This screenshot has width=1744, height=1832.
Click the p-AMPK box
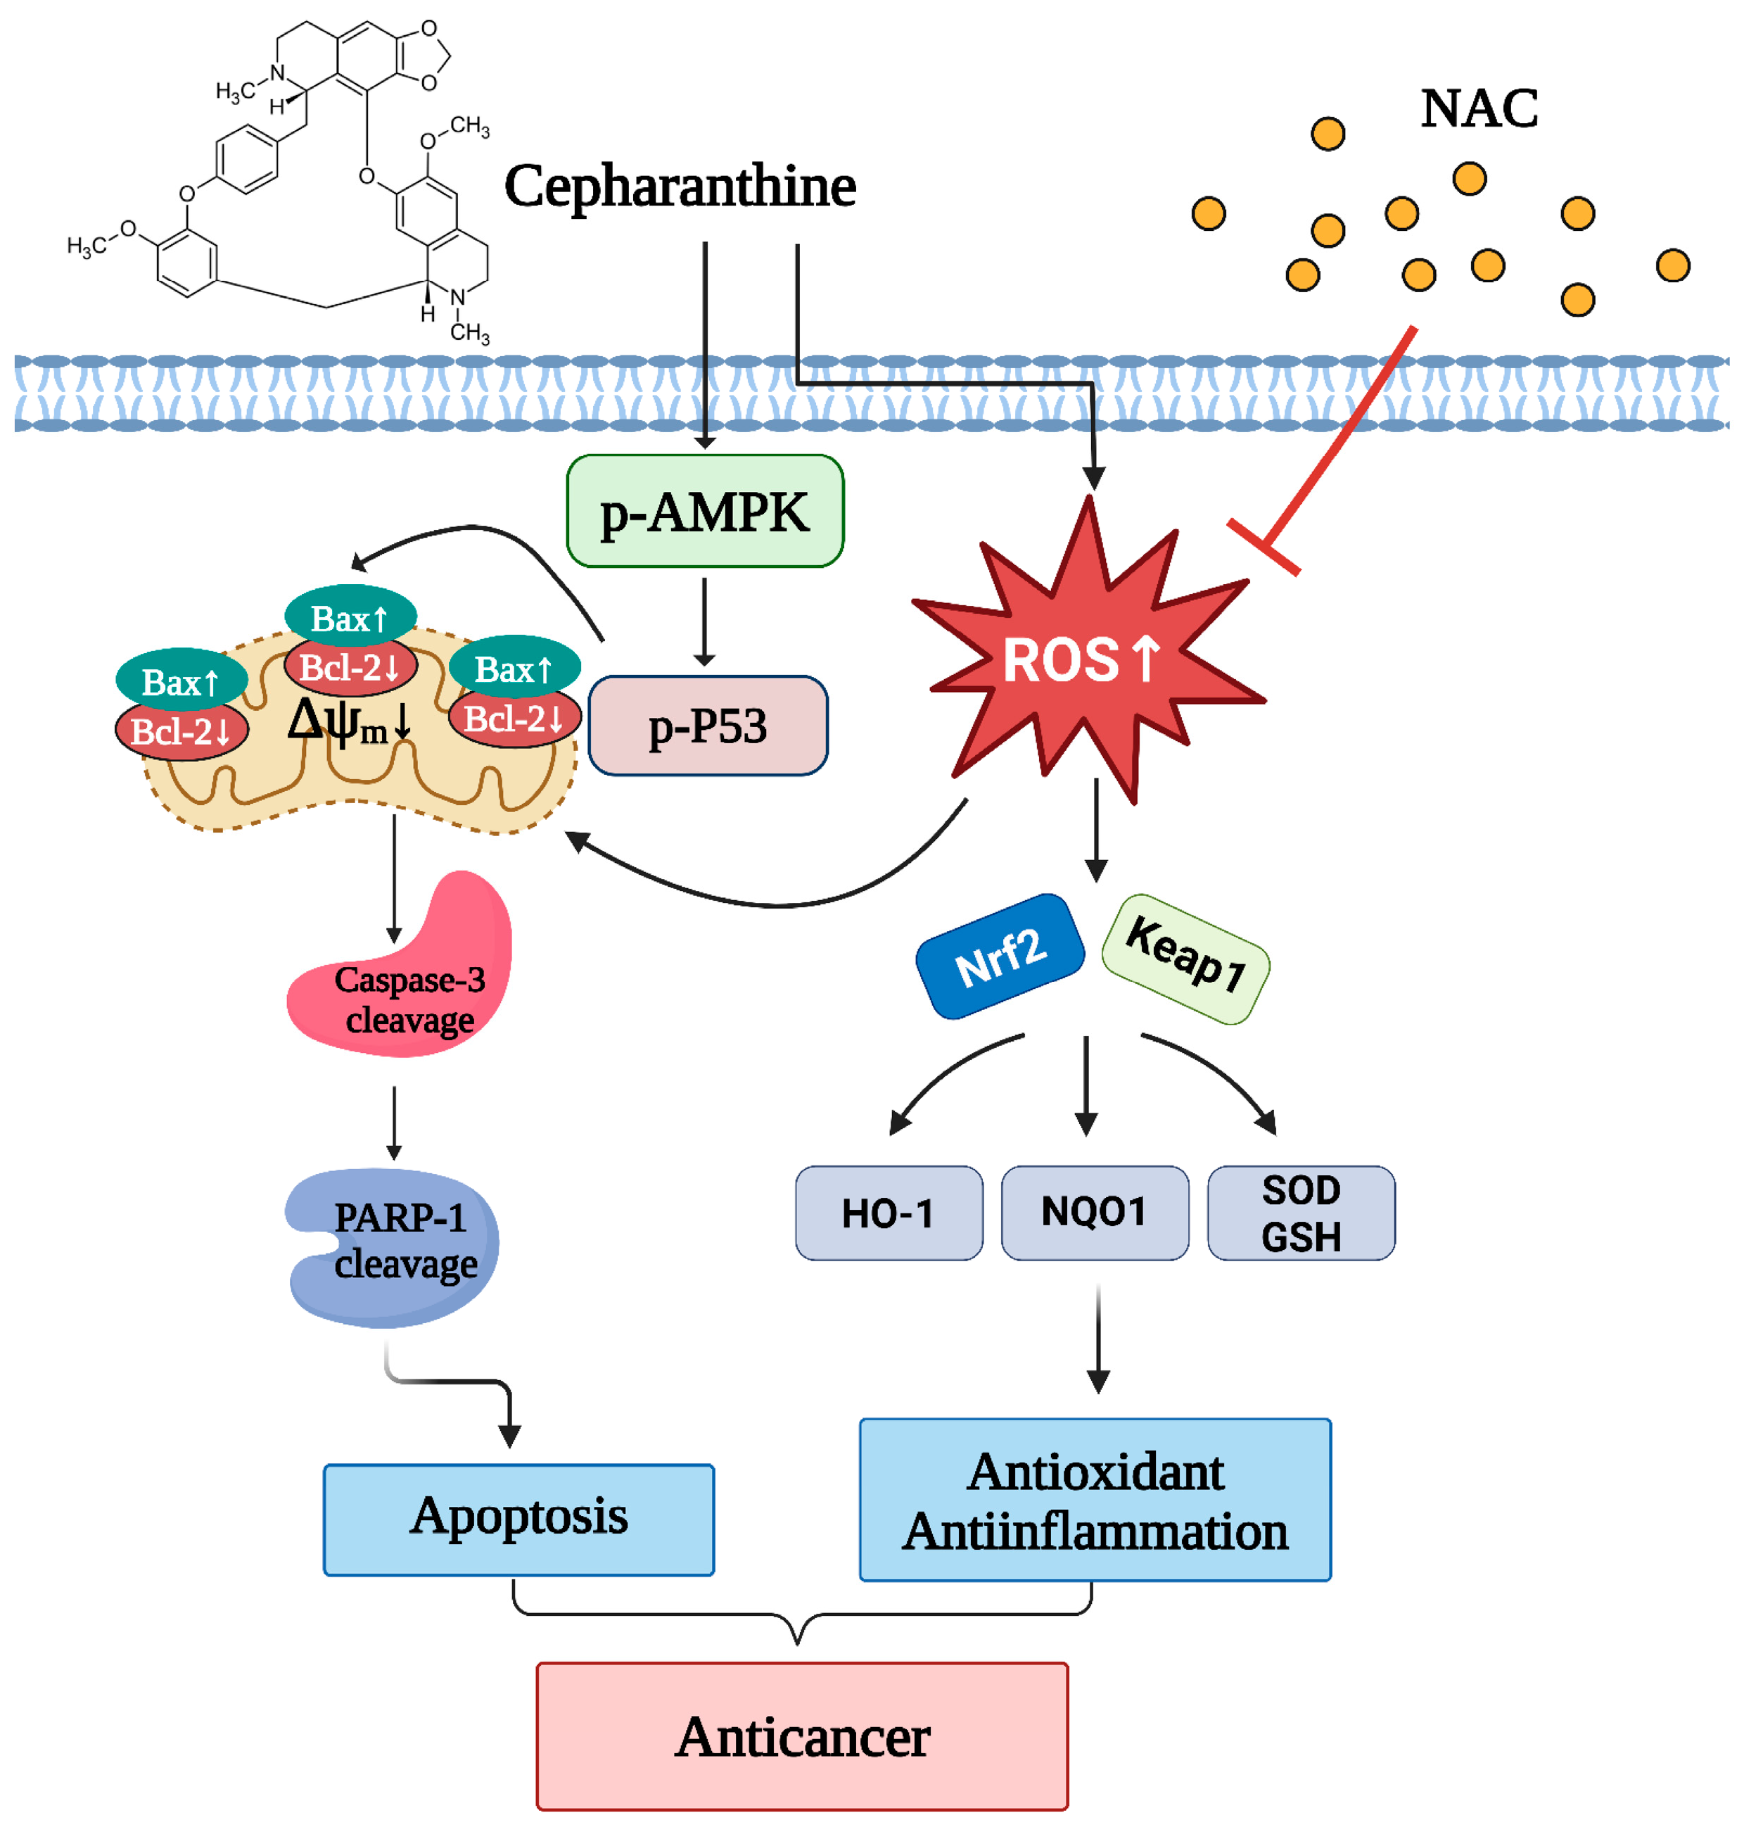705,510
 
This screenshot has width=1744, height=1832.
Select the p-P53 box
708,726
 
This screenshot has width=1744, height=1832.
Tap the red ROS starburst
1088,651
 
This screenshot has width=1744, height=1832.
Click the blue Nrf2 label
1000,956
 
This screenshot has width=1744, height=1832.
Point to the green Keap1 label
1185,959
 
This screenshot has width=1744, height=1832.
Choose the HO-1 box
889,1213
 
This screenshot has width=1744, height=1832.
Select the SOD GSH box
1301,1213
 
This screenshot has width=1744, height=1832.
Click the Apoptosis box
518,1520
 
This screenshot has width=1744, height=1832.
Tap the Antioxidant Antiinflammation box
1095,1499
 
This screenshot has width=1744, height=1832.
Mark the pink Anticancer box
802,1736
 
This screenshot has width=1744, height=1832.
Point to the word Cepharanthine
680,187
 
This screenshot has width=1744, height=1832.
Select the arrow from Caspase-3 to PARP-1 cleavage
394,1123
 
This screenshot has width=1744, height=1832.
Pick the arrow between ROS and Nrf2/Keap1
1096,830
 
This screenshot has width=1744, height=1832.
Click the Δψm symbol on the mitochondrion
350,721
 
